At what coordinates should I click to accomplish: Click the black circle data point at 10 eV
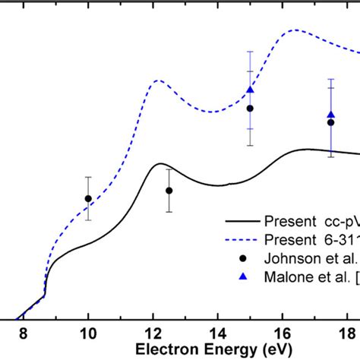click(88, 199)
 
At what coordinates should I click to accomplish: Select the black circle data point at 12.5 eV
click(169, 191)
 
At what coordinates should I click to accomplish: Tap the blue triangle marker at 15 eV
click(250, 90)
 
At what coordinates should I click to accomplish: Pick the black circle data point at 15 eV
click(250, 109)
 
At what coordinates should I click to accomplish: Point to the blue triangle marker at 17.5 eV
click(330, 115)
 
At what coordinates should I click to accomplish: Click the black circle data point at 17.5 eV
click(330, 122)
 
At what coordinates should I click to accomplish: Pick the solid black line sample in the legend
click(241, 223)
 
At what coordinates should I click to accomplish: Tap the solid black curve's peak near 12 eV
click(160, 163)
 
